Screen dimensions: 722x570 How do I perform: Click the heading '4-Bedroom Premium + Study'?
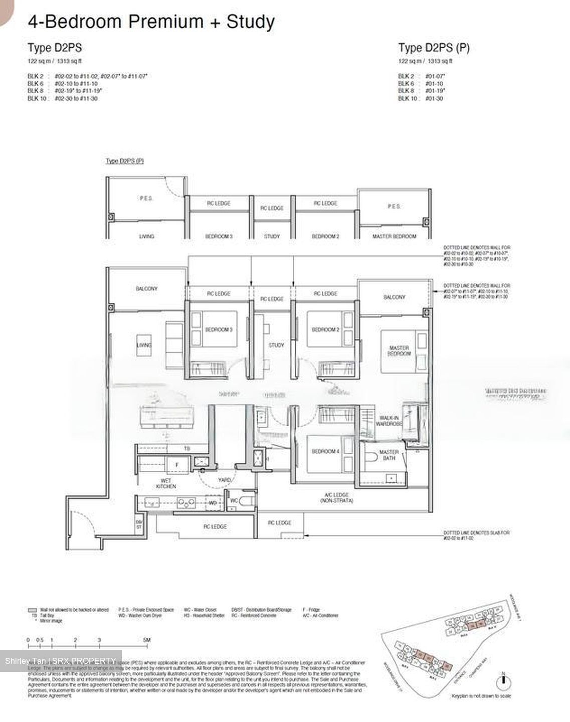click(151, 22)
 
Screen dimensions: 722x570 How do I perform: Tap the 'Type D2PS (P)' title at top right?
click(434, 48)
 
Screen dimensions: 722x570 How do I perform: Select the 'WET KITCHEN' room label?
click(165, 483)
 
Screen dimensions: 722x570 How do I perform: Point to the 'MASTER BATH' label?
click(389, 455)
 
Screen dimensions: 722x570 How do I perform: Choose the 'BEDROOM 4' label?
click(325, 451)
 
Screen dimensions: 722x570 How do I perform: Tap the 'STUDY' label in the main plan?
click(276, 345)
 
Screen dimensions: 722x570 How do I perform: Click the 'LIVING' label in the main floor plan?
click(144, 345)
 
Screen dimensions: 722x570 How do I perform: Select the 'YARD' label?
click(224, 480)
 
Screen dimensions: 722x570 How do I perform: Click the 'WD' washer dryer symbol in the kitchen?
click(213, 502)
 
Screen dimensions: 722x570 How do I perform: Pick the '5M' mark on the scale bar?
click(146, 640)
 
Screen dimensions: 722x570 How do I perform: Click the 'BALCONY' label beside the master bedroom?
click(394, 297)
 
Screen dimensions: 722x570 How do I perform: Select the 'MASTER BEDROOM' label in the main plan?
click(399, 350)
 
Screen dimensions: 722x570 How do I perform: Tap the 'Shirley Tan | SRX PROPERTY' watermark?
click(61, 660)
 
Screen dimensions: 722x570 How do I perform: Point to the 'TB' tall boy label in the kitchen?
click(186, 449)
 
